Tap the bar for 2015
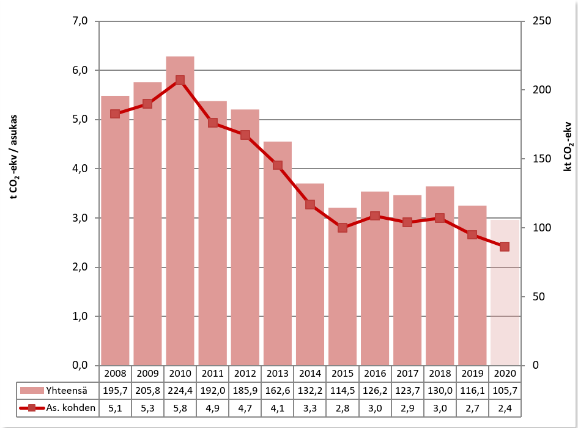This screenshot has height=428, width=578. [x=343, y=286]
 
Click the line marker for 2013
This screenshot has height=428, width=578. [x=278, y=165]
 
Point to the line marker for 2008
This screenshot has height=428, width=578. [x=115, y=114]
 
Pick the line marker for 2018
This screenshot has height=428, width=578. [x=440, y=218]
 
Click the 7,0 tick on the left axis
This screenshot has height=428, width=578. [x=81, y=21]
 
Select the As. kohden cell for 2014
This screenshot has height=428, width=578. [x=310, y=408]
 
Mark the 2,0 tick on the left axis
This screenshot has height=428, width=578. [x=81, y=267]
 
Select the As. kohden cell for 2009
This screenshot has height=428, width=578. [x=147, y=408]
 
